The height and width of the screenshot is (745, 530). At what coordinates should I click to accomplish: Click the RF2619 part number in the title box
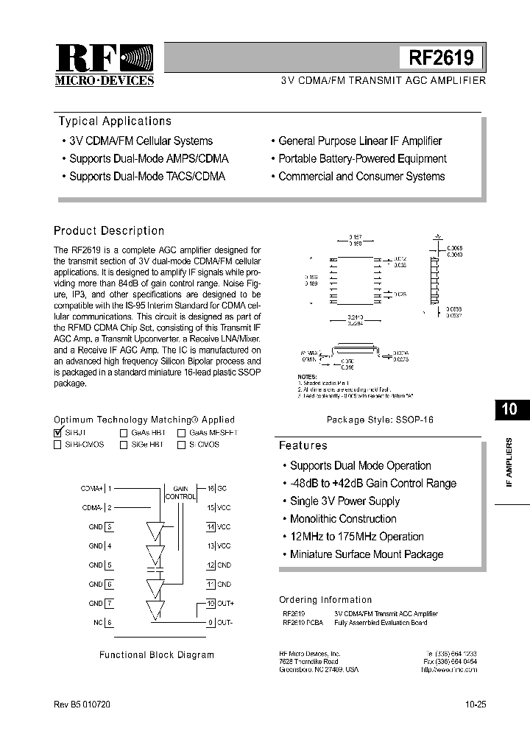click(441, 57)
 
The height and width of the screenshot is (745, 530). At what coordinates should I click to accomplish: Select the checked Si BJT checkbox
click(58, 434)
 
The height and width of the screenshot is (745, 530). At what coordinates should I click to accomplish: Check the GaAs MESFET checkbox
click(181, 434)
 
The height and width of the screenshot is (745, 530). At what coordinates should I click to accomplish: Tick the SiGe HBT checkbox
click(124, 445)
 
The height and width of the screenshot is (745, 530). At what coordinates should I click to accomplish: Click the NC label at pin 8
click(98, 622)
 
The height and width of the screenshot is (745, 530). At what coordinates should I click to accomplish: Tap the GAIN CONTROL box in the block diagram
click(180, 492)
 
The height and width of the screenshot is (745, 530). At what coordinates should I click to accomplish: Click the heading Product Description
click(109, 231)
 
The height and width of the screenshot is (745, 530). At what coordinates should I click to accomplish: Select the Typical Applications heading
click(115, 121)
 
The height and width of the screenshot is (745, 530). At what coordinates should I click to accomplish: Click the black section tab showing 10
click(509, 410)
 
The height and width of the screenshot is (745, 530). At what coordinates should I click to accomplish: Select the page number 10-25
click(475, 705)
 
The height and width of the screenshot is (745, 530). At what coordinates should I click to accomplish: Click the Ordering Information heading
click(325, 600)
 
